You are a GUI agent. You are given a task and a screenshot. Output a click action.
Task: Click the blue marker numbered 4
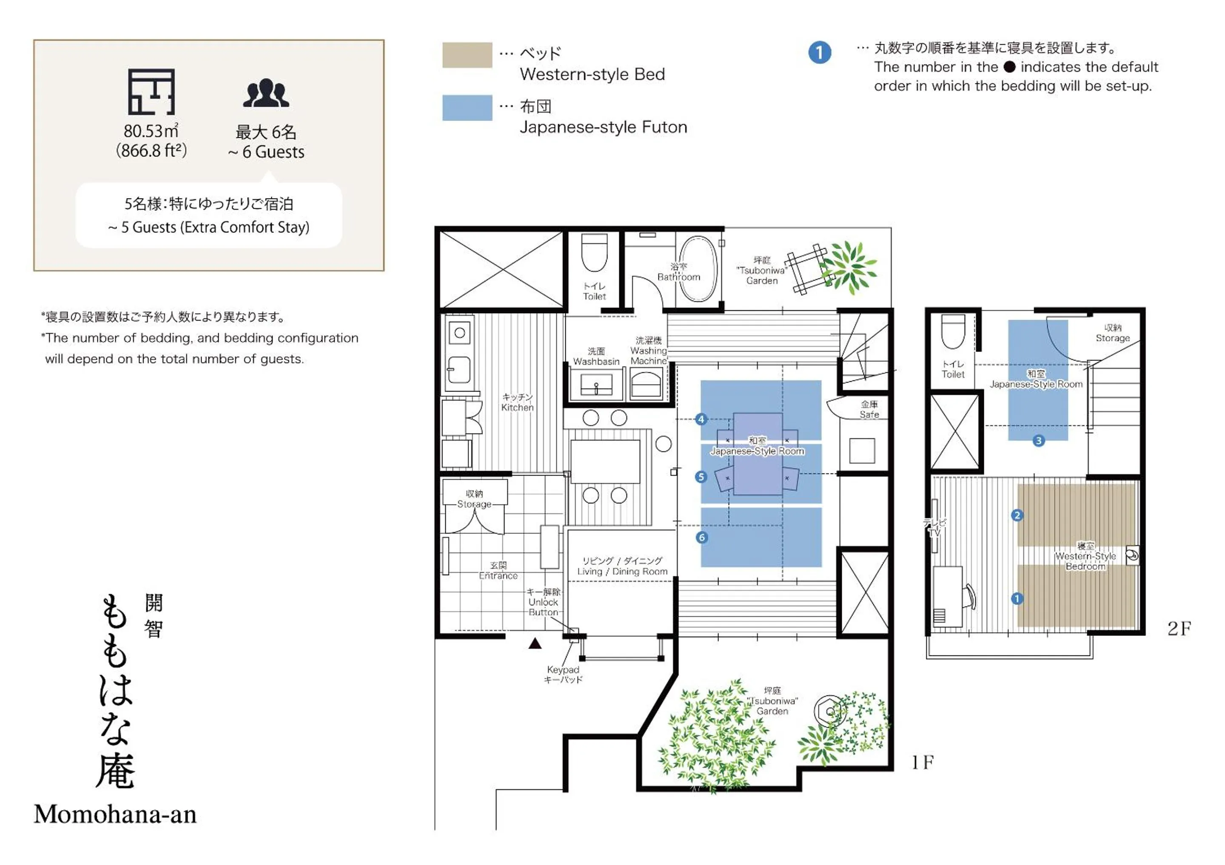[x=701, y=419]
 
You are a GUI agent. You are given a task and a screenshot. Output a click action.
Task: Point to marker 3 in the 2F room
[x=1038, y=440]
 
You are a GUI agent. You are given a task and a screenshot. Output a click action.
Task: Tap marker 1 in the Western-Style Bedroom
[x=1017, y=598]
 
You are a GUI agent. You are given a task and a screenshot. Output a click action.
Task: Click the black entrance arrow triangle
[x=535, y=644]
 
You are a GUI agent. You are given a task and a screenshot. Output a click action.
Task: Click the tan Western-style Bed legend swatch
[x=467, y=55]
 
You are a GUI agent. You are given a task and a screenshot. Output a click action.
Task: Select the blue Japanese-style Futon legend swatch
[x=467, y=108]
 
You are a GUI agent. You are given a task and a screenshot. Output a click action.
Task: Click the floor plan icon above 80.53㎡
[x=151, y=92]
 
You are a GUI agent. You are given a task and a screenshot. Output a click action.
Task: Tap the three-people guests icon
[x=266, y=94]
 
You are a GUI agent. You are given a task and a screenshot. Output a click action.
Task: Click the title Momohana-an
[x=115, y=814]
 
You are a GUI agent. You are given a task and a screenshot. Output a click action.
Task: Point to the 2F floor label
[x=1179, y=629]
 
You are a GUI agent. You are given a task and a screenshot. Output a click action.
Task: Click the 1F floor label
[x=923, y=763]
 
